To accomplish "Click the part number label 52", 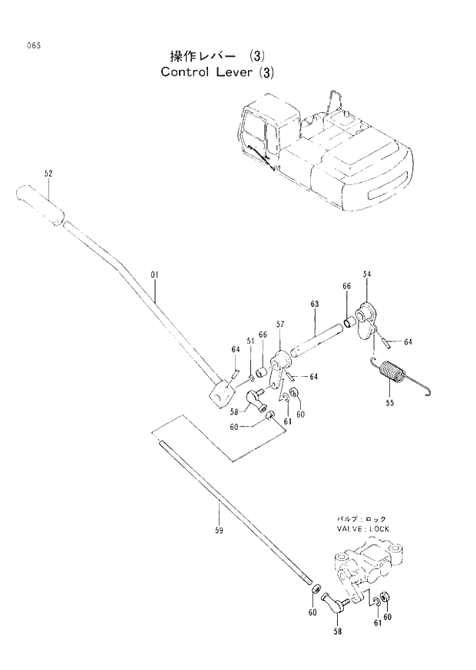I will (x=48, y=174).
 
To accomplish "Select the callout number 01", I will (x=154, y=274).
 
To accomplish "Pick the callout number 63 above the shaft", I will (x=315, y=305).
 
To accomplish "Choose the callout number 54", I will (x=367, y=274).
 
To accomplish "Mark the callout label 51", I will (x=250, y=341).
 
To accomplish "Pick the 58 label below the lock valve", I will (x=337, y=631).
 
